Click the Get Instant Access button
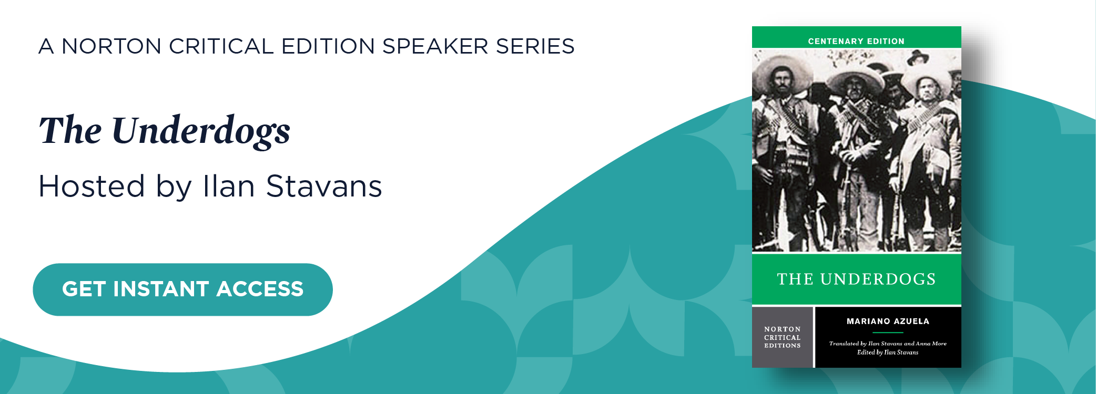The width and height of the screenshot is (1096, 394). [182, 289]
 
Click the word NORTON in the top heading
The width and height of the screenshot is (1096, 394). [111, 46]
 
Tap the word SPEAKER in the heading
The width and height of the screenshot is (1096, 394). [435, 46]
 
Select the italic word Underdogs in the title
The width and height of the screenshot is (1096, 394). [201, 131]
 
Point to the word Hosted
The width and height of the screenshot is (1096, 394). [92, 186]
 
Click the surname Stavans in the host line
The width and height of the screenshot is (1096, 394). [324, 186]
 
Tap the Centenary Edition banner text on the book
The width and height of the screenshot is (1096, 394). [856, 41]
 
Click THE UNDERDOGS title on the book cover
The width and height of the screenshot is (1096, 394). [856, 279]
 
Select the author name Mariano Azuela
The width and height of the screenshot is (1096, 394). [888, 321]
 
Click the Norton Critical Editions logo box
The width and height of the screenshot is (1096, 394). [783, 337]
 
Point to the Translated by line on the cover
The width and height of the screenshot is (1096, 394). [888, 344]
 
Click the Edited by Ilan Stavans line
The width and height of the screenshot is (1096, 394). [888, 352]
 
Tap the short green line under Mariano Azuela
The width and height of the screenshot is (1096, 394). [888, 333]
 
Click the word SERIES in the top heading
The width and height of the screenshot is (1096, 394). [535, 46]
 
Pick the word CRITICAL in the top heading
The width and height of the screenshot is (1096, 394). [221, 46]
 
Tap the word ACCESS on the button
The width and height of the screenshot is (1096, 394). [260, 289]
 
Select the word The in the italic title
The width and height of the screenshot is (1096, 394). [70, 130]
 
